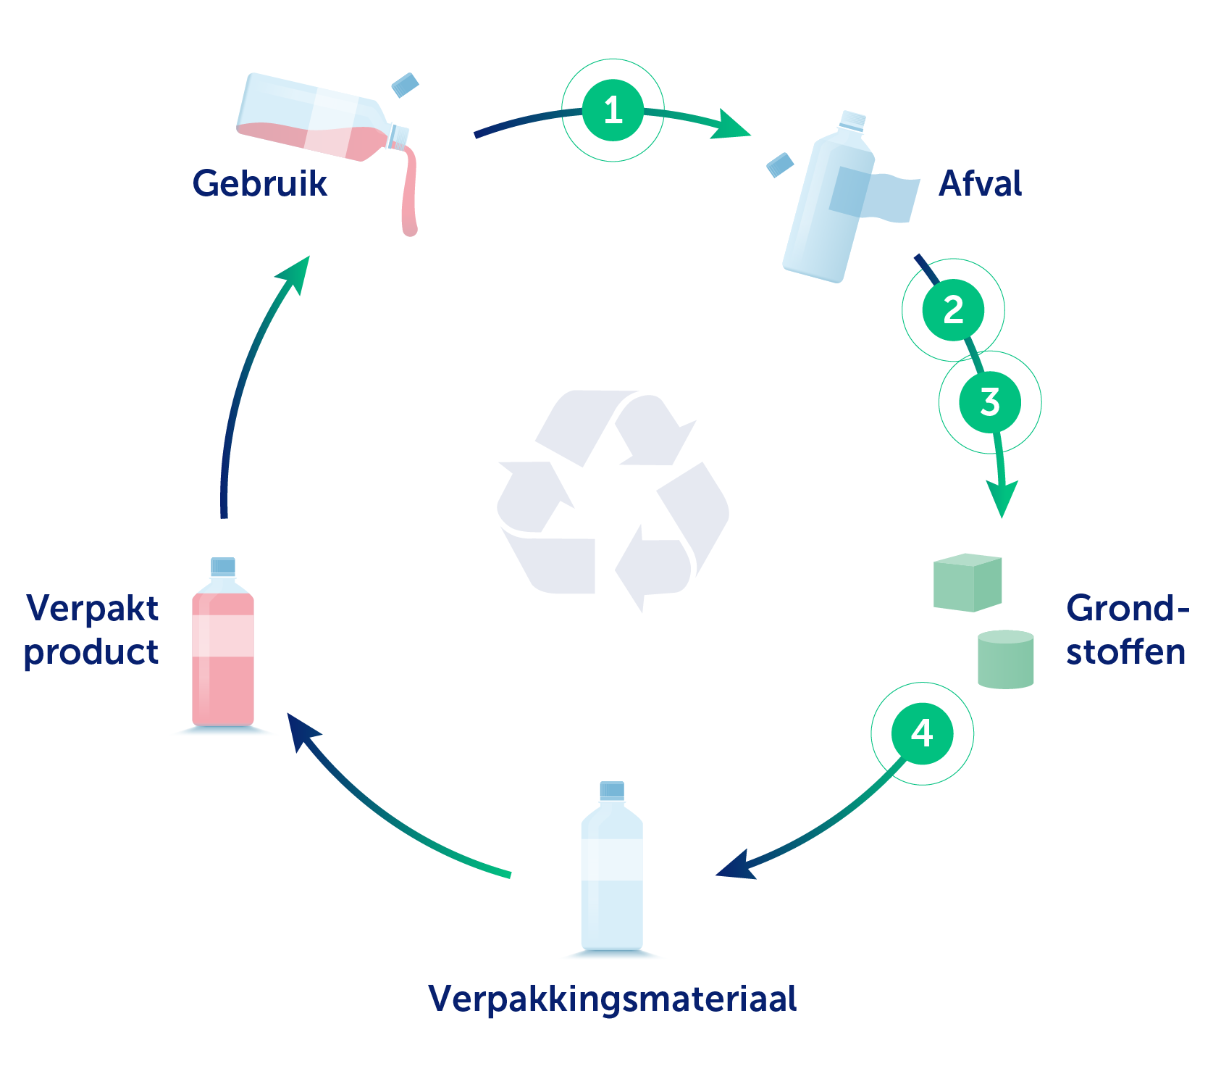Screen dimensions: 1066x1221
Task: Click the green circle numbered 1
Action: (x=613, y=110)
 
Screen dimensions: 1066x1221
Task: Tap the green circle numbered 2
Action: (x=953, y=310)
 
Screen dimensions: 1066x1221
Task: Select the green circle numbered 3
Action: (x=990, y=402)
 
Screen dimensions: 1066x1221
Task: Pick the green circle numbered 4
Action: (x=922, y=733)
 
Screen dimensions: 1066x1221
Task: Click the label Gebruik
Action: (x=259, y=183)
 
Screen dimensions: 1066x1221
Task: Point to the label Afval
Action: (x=980, y=183)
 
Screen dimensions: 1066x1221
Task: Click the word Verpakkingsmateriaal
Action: (x=612, y=999)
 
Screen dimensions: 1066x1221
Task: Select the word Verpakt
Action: (x=92, y=608)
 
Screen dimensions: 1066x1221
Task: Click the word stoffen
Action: (x=1125, y=651)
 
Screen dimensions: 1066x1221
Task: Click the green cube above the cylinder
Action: (x=968, y=583)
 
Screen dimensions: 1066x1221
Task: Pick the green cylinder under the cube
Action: (x=1005, y=659)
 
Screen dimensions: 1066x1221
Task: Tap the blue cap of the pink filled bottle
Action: (x=223, y=566)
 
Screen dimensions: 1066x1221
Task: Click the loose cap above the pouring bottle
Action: (x=405, y=85)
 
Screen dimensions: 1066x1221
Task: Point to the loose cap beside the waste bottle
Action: (x=780, y=165)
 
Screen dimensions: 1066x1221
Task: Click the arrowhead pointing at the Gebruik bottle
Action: (x=296, y=270)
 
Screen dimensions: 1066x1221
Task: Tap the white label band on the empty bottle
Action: (x=612, y=859)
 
